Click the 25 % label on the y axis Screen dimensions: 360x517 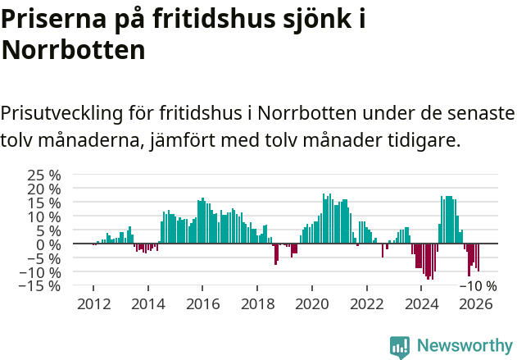point(44,175)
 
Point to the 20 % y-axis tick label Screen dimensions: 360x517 point(44,189)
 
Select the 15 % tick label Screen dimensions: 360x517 point(44,203)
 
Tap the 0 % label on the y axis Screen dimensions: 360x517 point(48,244)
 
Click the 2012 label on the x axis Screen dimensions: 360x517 point(93,303)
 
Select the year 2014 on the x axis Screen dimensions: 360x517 point(148,303)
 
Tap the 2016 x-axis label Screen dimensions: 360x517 point(202,303)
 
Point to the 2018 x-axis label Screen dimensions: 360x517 point(257,303)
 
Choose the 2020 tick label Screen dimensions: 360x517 point(311,303)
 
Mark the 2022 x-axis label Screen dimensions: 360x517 point(366,303)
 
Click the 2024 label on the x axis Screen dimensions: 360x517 point(421,303)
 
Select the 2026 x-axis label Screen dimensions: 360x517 point(475,303)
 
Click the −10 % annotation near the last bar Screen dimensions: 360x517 point(478,286)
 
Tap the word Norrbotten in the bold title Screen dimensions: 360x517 point(74,50)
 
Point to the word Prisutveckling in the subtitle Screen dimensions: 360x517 point(62,112)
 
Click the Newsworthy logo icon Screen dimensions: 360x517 point(400,347)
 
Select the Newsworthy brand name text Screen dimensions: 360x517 point(464,346)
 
